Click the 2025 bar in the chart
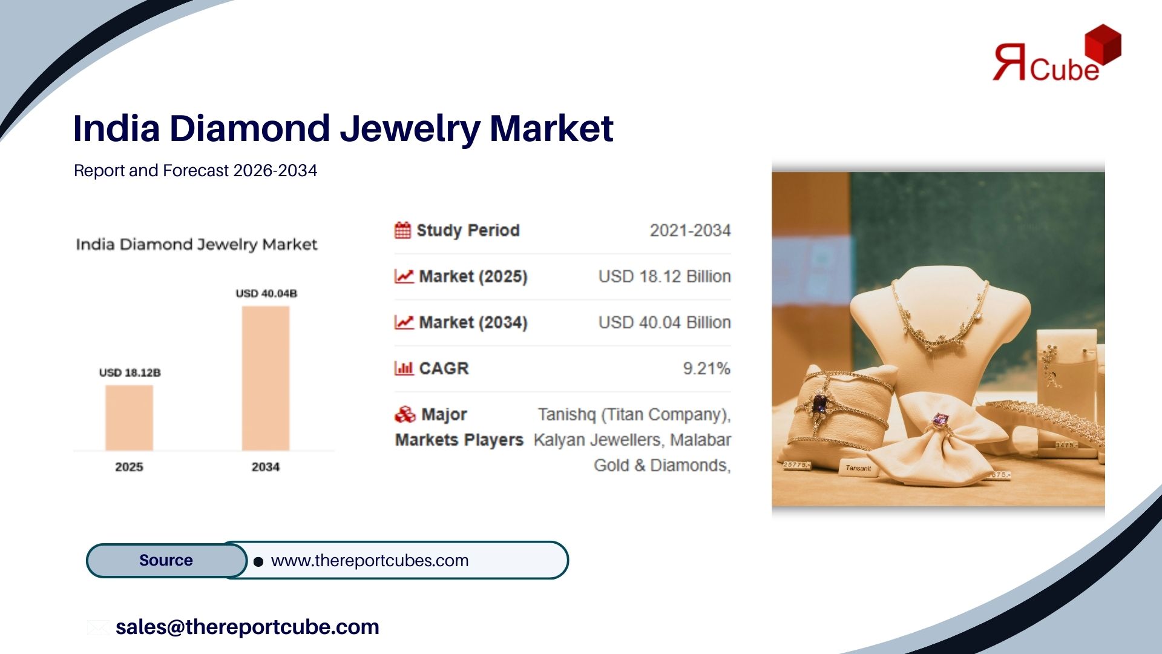click(129, 418)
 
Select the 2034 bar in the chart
click(266, 378)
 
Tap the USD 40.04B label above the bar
click(266, 294)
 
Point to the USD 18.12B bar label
click(130, 372)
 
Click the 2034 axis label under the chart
click(266, 467)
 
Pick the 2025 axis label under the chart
click(129, 467)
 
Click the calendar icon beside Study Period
click(402, 230)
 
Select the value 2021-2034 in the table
click(691, 231)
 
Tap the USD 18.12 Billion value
click(665, 277)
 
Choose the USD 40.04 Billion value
click(665, 323)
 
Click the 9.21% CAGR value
click(707, 368)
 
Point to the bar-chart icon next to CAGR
click(404, 368)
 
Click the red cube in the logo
click(1103, 44)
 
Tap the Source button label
click(166, 560)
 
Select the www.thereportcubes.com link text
click(370, 561)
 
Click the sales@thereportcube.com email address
click(248, 627)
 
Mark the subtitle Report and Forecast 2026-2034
click(195, 171)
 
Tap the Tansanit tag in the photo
click(858, 468)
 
